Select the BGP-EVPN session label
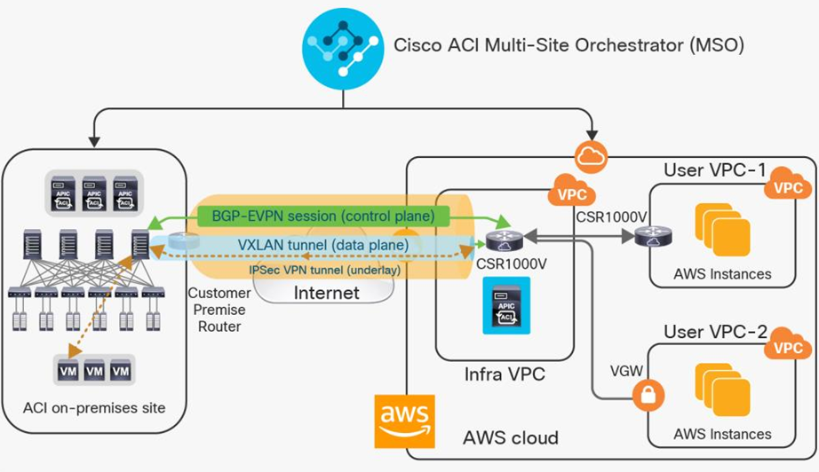(x=323, y=216)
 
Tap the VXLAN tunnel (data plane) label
(x=322, y=244)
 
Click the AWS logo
(x=405, y=419)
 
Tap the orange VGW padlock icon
(x=648, y=397)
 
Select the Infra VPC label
(x=504, y=375)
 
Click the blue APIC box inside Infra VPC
(x=505, y=305)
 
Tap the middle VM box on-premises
(x=94, y=370)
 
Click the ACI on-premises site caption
(x=94, y=408)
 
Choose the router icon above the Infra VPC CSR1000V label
(x=504, y=238)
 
